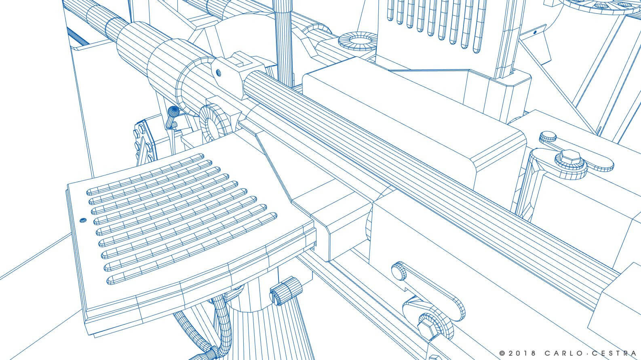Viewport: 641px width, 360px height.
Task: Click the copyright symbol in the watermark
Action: (502, 353)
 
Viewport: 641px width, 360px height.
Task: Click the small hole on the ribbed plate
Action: (83, 220)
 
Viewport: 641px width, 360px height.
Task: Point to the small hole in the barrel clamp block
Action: (218, 72)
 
